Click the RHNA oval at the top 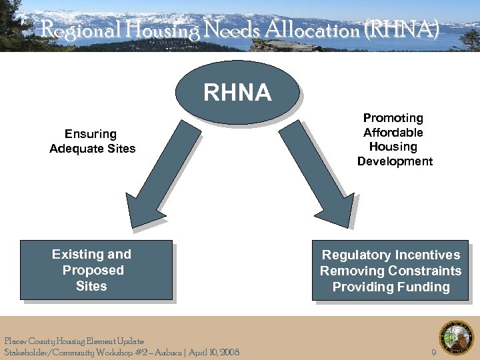(237, 92)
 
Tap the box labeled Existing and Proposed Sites (96, 269)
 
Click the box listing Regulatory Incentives (390, 270)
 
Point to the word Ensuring (91, 134)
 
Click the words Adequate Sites (92, 149)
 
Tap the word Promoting (393, 118)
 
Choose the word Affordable (393, 133)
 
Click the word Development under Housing (395, 161)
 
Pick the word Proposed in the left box (93, 270)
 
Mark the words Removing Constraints (391, 271)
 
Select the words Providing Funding (391, 287)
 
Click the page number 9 (434, 352)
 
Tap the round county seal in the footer (456, 337)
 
